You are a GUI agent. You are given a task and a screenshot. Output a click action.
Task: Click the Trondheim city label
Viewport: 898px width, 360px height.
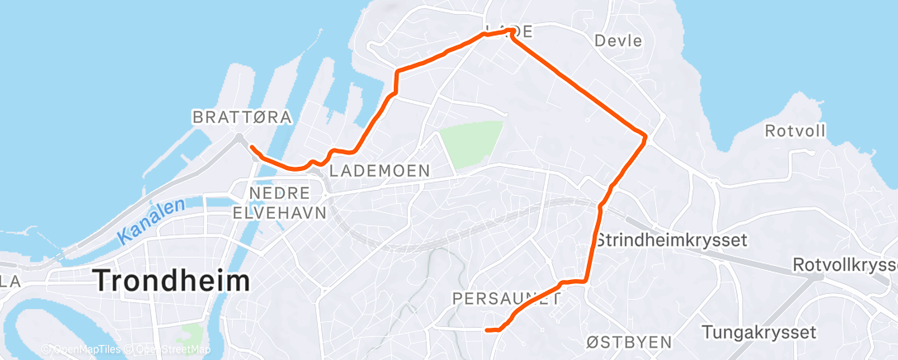[x=172, y=281]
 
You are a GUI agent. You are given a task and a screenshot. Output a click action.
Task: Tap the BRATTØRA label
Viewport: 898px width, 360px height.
[x=242, y=118]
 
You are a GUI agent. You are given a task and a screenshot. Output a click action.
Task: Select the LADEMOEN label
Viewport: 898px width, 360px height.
[x=380, y=171]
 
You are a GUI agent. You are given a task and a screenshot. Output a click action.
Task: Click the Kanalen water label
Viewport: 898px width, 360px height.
[x=151, y=221]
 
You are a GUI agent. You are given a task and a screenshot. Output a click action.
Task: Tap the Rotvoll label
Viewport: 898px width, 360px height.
[x=794, y=130]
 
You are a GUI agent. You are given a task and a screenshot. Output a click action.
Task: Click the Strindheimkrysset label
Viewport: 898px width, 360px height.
[x=670, y=240]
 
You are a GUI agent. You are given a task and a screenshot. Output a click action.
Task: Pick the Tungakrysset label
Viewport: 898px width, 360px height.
[x=759, y=332]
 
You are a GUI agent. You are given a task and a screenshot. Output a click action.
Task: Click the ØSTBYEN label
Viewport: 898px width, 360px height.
[x=629, y=342]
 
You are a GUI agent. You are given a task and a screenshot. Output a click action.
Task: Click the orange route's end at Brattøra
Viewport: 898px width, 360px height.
[x=250, y=148]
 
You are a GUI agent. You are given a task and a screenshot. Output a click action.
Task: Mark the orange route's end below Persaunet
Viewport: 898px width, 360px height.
[x=488, y=330]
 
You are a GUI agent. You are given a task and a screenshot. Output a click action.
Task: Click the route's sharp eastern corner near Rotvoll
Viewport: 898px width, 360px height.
[x=644, y=135]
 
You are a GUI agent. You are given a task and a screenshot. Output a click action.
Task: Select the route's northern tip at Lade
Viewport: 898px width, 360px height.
[x=512, y=31]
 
